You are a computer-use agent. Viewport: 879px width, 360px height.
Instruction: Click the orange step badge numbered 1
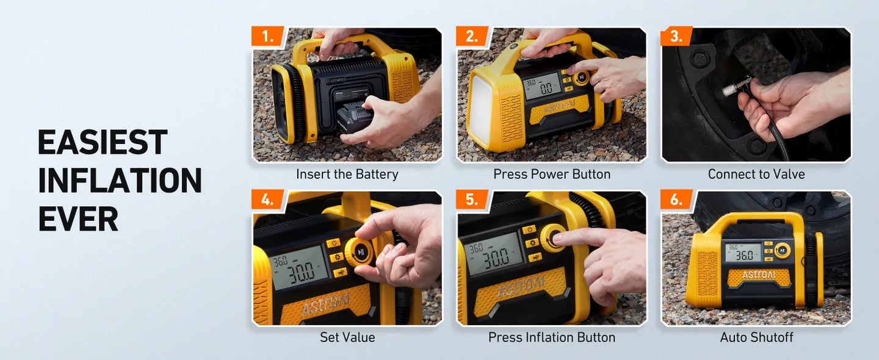268,37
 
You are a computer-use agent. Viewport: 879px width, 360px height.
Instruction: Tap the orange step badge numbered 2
472,37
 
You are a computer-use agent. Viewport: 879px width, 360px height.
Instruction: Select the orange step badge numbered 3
676,37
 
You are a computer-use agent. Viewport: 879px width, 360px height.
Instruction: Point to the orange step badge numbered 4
268,200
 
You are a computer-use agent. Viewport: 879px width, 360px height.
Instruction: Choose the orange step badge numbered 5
472,200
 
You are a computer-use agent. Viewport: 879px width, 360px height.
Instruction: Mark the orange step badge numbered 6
676,200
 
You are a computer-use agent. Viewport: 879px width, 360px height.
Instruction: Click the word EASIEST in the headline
103,143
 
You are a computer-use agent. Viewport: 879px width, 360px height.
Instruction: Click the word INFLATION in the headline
120,181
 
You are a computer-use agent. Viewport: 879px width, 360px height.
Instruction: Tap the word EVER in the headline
78,218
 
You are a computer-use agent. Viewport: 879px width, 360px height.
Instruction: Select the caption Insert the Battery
347,175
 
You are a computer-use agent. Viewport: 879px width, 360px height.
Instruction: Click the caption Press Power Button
551,175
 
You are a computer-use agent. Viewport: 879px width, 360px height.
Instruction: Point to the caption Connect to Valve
756,175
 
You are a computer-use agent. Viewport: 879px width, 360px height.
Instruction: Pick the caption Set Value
347,337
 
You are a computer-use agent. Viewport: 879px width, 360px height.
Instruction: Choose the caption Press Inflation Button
551,337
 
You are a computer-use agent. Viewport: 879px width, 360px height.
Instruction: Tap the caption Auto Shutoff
756,337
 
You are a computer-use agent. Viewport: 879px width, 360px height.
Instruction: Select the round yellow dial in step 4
361,251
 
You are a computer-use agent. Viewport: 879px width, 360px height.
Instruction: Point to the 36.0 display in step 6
743,255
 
